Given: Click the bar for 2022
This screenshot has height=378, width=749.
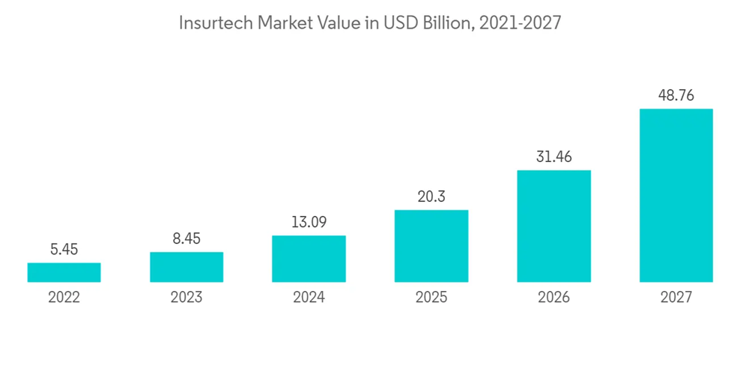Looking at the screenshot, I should point(64,272).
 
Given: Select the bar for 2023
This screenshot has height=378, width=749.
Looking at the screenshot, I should point(187,267).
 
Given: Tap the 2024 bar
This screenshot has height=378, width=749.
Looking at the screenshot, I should point(309,259).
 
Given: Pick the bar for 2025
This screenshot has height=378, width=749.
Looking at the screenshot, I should point(431,246).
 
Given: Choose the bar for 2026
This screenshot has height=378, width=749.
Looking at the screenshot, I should point(554,226).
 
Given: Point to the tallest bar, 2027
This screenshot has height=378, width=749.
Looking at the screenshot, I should point(676,195).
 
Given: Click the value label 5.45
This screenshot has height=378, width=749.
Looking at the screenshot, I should point(64,249).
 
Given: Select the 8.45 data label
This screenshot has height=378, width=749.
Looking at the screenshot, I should point(187,238).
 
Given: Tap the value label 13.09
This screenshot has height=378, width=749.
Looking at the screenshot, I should point(309,222).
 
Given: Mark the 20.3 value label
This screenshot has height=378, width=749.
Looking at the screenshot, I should point(431,196).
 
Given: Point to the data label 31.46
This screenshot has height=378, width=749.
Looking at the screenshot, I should point(554,157).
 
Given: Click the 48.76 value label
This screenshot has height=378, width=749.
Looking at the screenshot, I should point(676,95).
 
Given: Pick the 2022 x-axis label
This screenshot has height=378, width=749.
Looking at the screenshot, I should point(64,298).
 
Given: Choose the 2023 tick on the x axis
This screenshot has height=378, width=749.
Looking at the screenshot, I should point(187,298).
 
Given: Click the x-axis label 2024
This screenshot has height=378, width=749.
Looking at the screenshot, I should point(309,298).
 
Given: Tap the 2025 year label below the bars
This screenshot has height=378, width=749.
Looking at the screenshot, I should point(431,298).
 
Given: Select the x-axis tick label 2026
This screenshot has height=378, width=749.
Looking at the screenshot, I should point(554,298).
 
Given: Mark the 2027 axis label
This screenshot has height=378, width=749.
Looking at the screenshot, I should point(676,298).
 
